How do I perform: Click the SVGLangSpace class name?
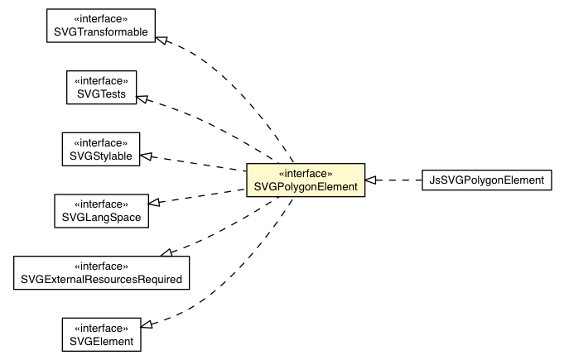click(x=101, y=216)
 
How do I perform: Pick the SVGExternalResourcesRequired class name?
click(x=101, y=279)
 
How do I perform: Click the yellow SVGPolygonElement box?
click(x=306, y=180)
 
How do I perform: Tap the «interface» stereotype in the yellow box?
click(x=306, y=174)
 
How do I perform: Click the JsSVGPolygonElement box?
click(x=486, y=180)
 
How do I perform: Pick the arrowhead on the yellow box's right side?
click(x=373, y=180)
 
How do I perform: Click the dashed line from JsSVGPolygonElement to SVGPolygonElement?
click(x=401, y=180)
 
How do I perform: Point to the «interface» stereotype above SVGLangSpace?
click(x=101, y=203)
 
